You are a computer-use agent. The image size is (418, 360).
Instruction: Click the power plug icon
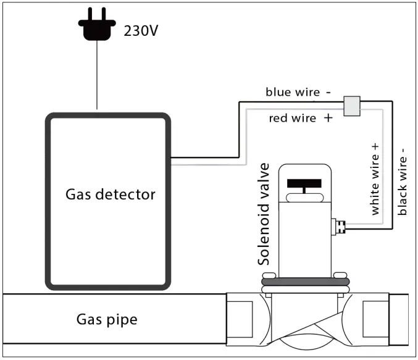click(x=97, y=27)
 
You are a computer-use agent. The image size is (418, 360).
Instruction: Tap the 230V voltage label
click(x=141, y=30)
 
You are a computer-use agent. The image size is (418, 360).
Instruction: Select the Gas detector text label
click(x=111, y=195)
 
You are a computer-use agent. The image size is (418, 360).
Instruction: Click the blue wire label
click(x=292, y=92)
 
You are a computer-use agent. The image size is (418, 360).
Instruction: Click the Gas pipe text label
click(x=107, y=319)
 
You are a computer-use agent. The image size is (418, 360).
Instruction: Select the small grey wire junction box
click(x=351, y=106)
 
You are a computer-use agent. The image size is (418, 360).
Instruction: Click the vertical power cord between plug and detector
click(x=97, y=77)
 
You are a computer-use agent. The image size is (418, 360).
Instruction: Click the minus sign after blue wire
click(x=327, y=92)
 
